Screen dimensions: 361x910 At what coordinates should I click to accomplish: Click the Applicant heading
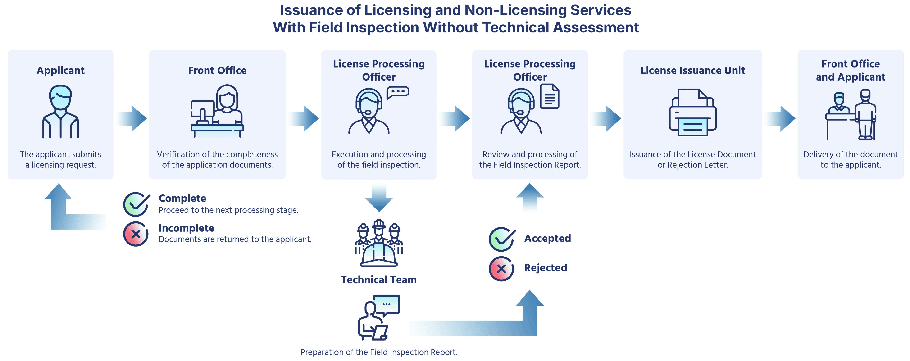pos(60,71)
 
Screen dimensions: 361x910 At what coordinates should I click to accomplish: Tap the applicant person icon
pos(60,111)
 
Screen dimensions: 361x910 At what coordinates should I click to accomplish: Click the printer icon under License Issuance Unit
pos(692,112)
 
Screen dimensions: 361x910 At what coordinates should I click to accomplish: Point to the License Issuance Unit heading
pos(692,71)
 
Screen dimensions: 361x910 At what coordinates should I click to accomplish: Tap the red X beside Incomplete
pos(136,234)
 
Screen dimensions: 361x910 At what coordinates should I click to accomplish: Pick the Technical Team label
pos(379,280)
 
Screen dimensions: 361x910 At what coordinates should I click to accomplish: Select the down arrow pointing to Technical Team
pos(379,197)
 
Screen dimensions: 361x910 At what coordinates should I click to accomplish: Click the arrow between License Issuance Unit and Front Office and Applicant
pos(780,119)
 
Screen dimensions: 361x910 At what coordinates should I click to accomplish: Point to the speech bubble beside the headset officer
pos(398,92)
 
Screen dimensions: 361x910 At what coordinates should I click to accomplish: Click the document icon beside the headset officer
pos(550,96)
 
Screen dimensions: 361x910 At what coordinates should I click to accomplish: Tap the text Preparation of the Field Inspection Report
pos(379,352)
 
